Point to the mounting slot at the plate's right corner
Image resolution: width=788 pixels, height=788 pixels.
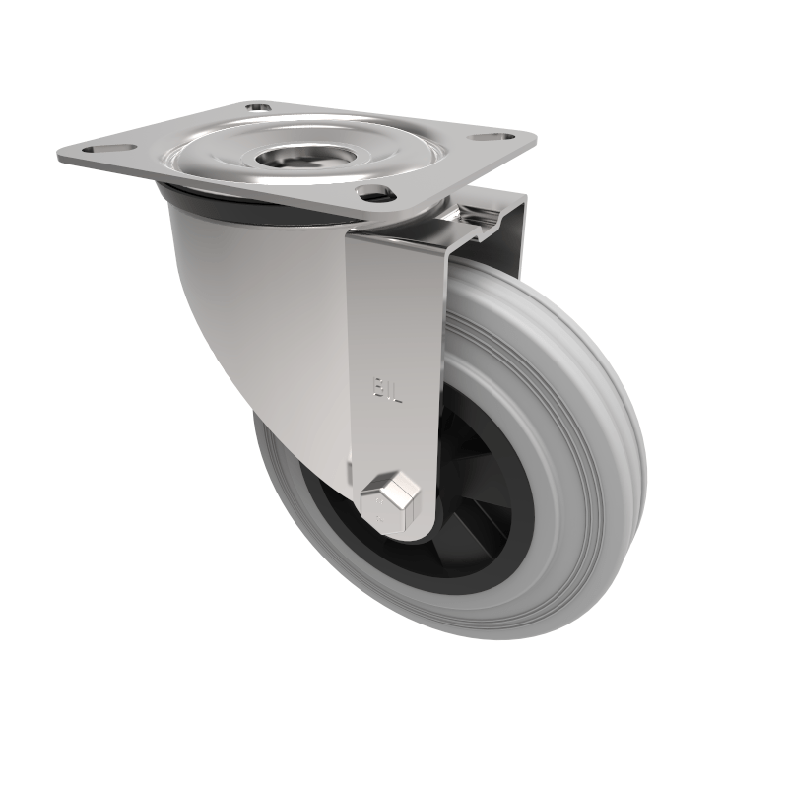[489, 140]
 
